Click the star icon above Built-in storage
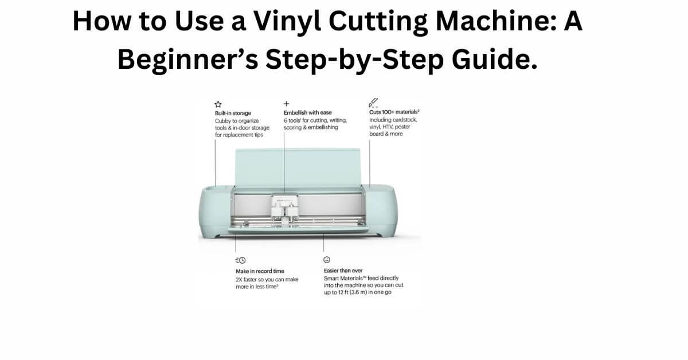(218, 104)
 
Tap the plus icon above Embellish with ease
(286, 104)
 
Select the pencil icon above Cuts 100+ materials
(373, 103)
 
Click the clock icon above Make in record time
(240, 260)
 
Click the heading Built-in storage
(233, 113)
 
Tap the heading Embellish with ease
(307, 113)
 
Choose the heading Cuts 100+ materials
(394, 113)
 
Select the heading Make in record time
(259, 271)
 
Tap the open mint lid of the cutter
(298, 166)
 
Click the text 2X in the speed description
(240, 279)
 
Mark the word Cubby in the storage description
(223, 120)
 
